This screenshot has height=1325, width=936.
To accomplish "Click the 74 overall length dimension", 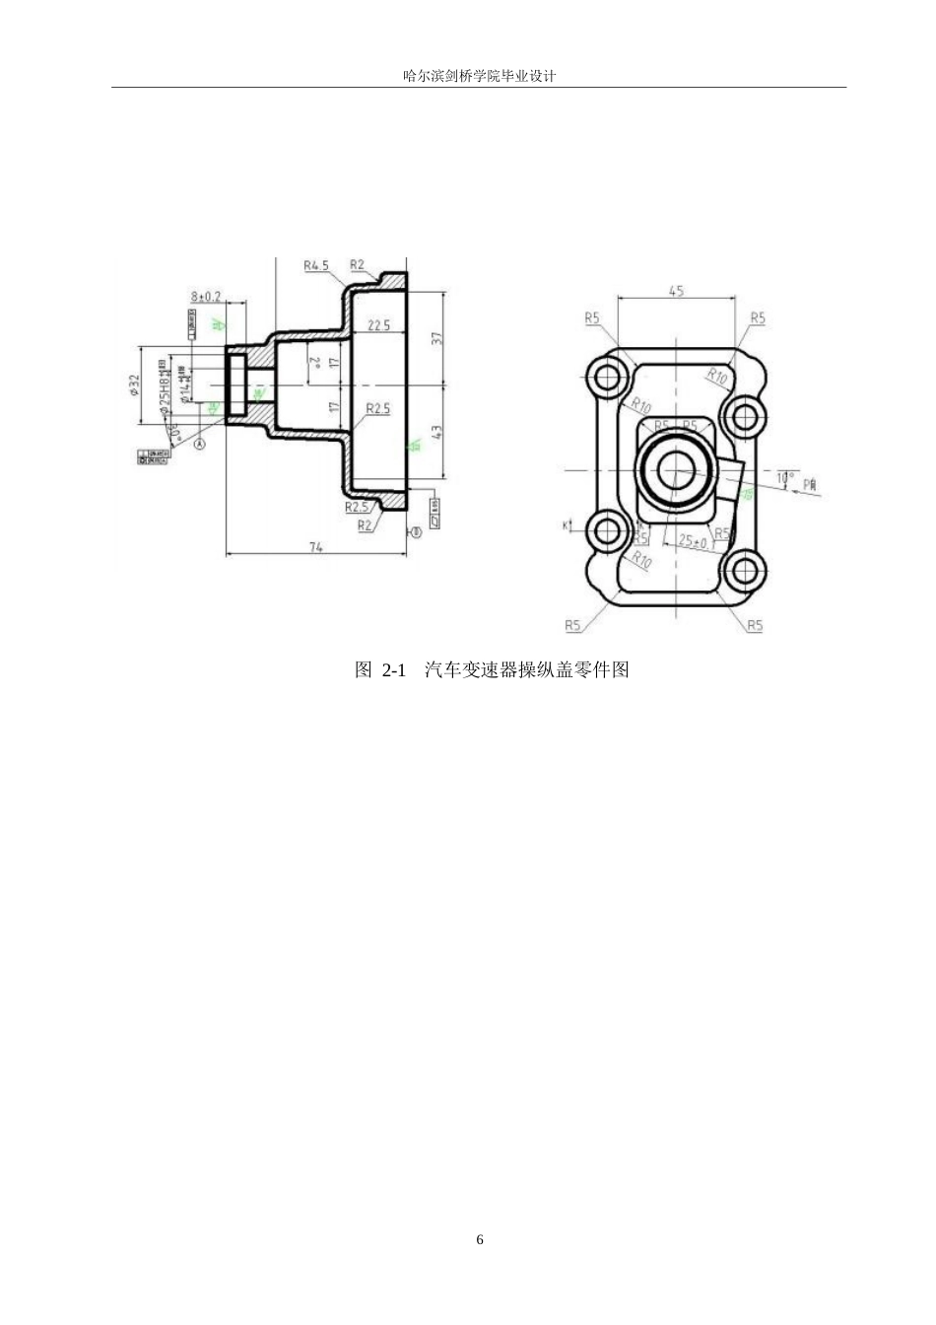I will click(316, 546).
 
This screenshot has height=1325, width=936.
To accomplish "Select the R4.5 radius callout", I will click(316, 265).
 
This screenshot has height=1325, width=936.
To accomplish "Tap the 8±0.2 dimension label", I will click(206, 296).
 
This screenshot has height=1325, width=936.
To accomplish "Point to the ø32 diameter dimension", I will click(135, 385).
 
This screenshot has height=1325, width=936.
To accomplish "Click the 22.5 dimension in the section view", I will click(378, 325).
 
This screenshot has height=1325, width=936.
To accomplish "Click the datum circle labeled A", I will click(199, 445).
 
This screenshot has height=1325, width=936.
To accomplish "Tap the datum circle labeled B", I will click(416, 531).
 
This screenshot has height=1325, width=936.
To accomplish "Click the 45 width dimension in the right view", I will click(676, 291).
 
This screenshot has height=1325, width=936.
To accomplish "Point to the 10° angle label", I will click(784, 477).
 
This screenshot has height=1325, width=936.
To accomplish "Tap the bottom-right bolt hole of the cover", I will click(744, 570).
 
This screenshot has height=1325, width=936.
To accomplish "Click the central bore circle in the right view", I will click(676, 470).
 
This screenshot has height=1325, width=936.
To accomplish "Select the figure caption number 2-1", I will click(393, 670).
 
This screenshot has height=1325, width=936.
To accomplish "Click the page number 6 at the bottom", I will click(480, 1239).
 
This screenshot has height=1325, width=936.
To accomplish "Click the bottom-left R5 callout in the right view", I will click(573, 625).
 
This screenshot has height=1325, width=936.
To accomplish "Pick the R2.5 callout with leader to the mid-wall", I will click(377, 408).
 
